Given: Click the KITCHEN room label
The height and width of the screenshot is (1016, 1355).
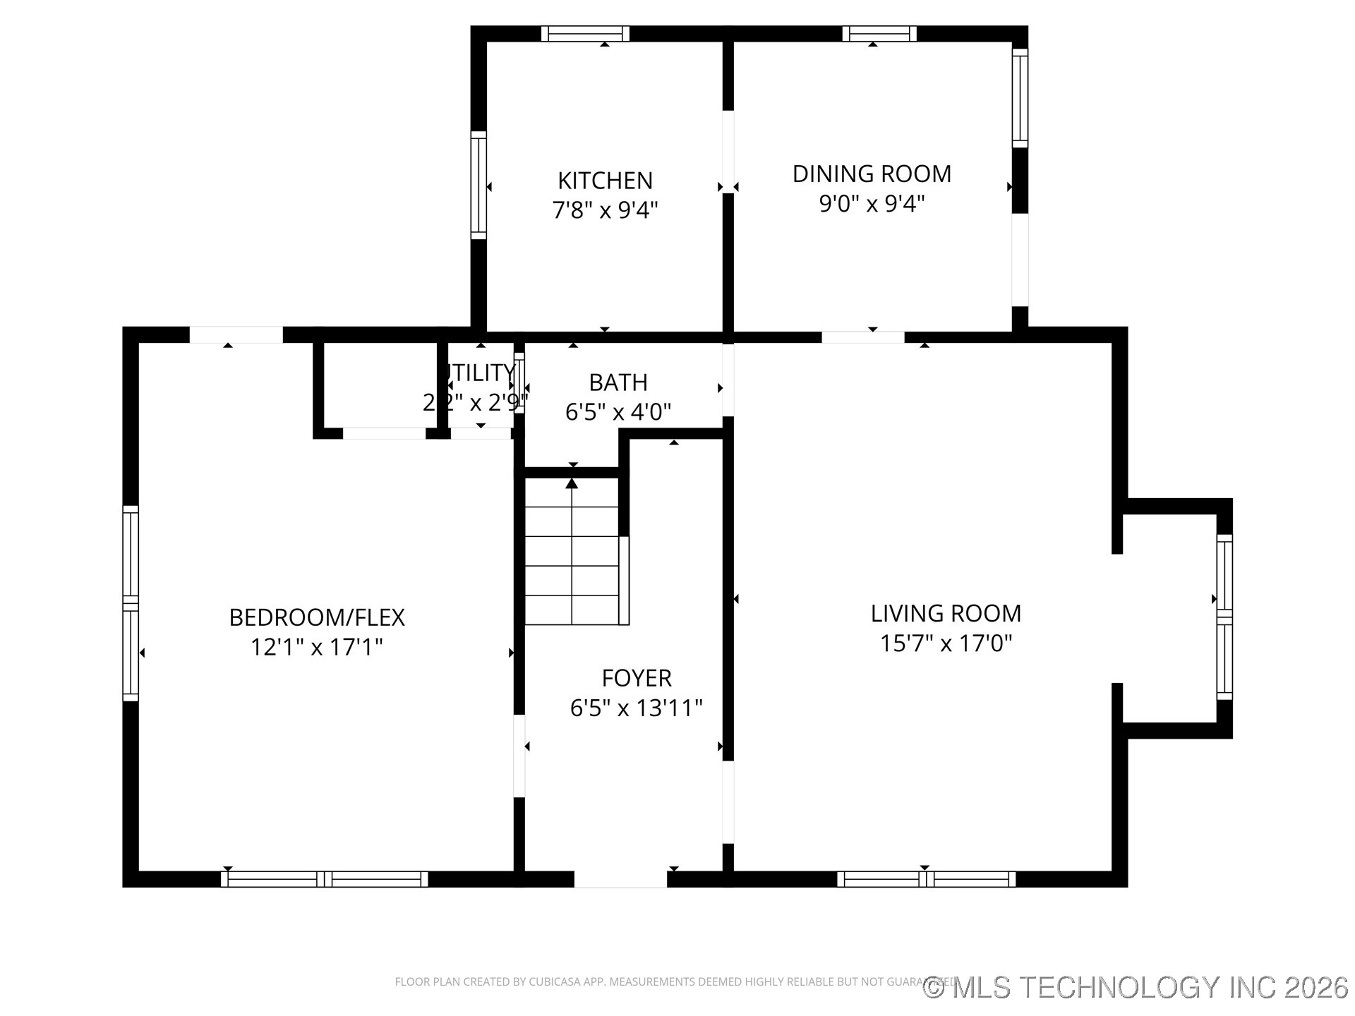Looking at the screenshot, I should point(605,181).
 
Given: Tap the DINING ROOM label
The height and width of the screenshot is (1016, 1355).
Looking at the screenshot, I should point(872,174).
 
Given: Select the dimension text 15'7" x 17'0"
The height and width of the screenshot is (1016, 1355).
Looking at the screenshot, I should point(946,643).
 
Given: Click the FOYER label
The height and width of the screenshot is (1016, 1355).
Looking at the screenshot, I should point(636,678).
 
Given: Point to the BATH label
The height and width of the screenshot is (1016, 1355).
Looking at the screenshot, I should point(618,382).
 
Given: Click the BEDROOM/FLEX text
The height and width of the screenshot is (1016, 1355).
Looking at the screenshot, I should point(317,617).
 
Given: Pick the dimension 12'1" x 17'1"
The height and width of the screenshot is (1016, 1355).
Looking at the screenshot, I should point(317,647).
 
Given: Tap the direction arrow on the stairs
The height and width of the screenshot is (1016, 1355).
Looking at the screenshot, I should point(572,484).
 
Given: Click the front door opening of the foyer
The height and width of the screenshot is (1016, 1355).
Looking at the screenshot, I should point(620,879).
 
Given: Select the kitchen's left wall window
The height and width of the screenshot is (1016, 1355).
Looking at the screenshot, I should point(478,185).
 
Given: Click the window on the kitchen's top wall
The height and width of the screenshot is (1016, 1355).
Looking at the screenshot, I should point(585,34).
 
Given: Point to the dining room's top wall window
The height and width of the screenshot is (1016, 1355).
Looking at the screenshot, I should point(879,34).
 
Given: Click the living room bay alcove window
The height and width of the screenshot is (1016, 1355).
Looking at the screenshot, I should point(1224,617).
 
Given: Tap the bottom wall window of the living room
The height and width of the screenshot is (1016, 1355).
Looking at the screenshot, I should point(926,879).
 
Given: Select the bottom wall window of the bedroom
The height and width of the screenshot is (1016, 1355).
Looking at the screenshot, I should point(324,879).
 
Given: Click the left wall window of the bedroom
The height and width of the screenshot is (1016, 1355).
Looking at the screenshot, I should point(131,603).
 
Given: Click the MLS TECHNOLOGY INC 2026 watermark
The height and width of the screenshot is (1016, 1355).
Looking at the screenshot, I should point(1136,987).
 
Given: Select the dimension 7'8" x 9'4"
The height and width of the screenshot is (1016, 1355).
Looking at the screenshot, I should point(605,210).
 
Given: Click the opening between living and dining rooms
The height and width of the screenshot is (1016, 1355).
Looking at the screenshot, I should point(862,337).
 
